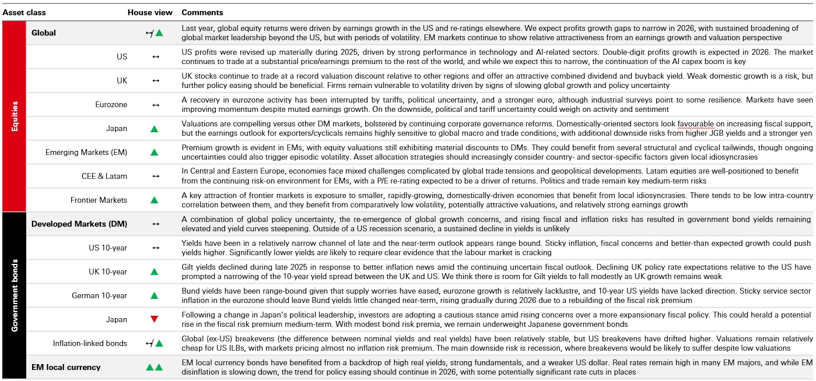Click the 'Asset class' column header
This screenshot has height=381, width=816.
coord(24,12)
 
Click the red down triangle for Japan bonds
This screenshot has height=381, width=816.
coord(155,319)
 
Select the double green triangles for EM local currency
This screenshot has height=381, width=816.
coord(155,367)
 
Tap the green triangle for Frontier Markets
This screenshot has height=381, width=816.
coord(155,200)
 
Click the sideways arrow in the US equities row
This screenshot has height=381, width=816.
coord(155,57)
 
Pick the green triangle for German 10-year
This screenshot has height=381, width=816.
coord(155,295)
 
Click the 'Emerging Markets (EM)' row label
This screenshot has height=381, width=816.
coord(86,152)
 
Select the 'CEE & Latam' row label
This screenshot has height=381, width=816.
coord(104,176)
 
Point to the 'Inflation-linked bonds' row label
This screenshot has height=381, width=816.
coord(90,343)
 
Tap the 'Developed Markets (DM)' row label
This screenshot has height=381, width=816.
coord(79,224)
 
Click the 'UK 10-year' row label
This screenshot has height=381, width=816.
coord(107,271)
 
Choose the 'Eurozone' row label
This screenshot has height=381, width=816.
coord(111,105)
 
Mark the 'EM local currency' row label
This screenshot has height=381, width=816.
coord(66,367)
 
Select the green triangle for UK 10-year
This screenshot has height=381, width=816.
coord(155,271)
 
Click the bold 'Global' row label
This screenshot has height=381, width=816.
coord(44,33)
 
